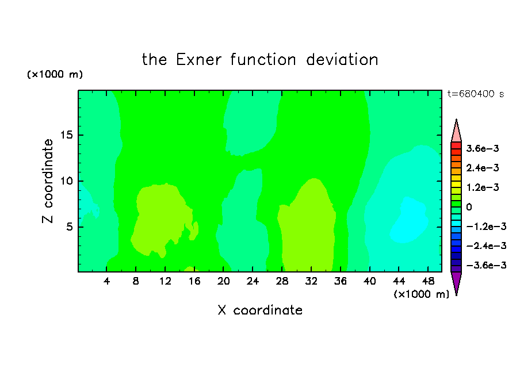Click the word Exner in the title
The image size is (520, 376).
(198, 60)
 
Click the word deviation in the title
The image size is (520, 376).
(342, 60)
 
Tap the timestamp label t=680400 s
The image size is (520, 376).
(476, 94)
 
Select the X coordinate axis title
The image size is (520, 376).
(260, 310)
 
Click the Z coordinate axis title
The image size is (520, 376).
(48, 181)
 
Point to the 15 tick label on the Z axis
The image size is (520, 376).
(66, 135)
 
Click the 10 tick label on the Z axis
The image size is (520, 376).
(66, 181)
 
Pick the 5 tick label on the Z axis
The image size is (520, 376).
(69, 227)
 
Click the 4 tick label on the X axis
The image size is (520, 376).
(106, 281)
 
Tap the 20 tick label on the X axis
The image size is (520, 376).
(224, 281)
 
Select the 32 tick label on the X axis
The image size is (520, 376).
(311, 281)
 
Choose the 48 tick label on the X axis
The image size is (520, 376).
(428, 281)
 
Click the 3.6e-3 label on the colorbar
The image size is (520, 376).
(483, 148)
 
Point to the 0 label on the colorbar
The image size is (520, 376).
(469, 207)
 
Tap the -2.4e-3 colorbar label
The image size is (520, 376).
(486, 245)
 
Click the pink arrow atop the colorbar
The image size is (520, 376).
(456, 131)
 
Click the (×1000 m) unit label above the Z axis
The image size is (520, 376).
(55, 74)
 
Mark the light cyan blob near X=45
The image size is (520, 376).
(408, 221)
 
